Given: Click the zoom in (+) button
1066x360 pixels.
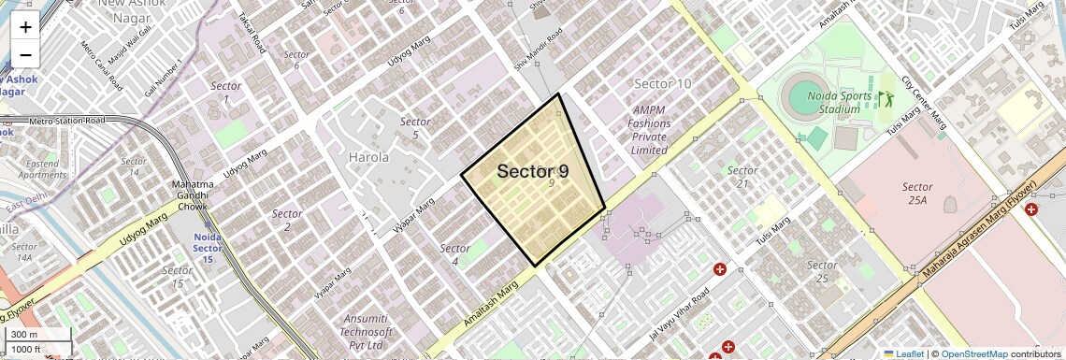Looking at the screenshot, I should point(25,27).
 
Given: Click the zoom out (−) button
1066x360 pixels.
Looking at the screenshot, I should point(25,55).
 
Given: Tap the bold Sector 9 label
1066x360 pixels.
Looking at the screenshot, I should point(532,172).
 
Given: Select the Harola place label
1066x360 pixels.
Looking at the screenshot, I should point(368,157).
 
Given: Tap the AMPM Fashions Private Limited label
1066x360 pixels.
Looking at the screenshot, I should point(649,130).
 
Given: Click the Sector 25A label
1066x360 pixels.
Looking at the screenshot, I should point(916,194).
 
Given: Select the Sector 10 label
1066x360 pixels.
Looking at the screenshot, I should point(662,84).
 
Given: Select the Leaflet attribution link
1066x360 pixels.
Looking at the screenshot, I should point(903,354).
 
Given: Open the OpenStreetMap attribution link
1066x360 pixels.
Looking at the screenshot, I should point(973,354).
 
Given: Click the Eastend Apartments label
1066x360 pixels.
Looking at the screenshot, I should point(43,169).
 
